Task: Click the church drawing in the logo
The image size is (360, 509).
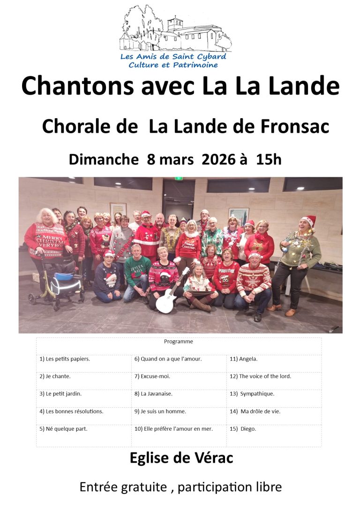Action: tap(176, 30)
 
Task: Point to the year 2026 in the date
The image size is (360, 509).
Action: tap(218, 159)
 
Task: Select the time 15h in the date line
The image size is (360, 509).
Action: tap(269, 159)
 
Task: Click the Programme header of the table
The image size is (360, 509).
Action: tap(179, 342)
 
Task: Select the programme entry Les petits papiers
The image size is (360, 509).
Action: tap(65, 359)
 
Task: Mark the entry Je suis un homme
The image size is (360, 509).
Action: tap(160, 411)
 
